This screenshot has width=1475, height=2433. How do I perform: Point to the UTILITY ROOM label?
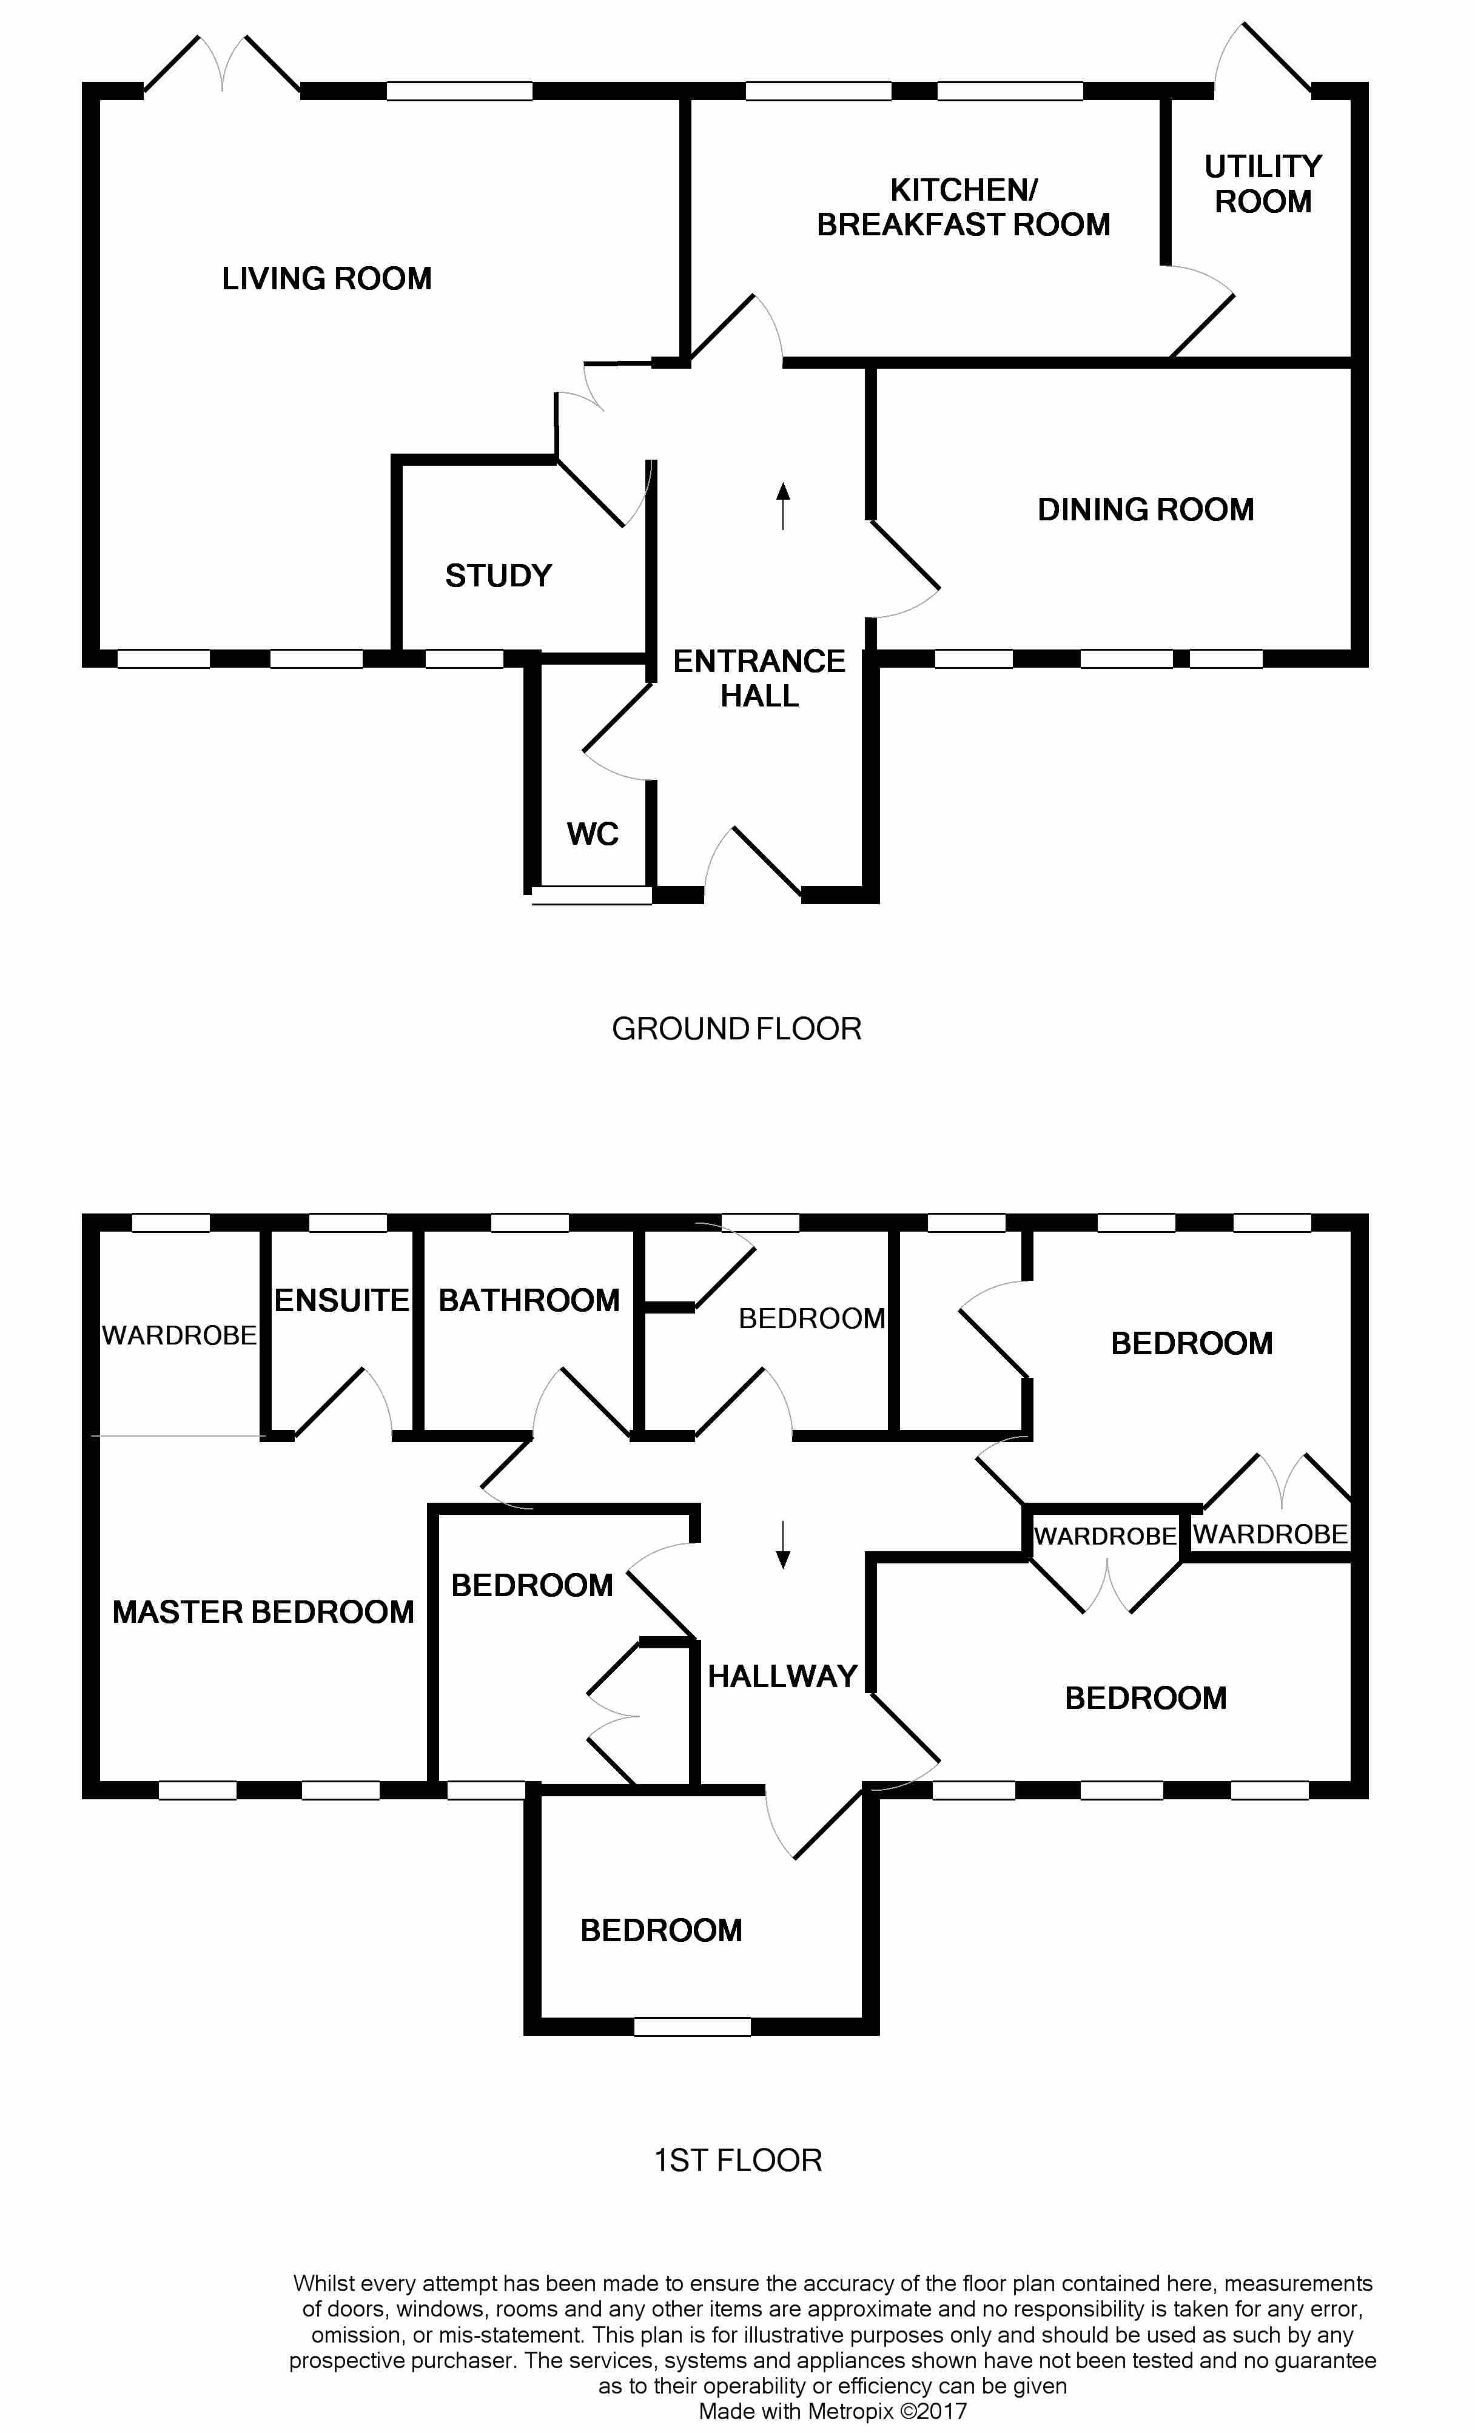1263,184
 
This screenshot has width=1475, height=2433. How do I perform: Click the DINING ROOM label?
1145,509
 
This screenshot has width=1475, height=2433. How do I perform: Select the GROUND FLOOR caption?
736,1029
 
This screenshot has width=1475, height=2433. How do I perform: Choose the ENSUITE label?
341,1300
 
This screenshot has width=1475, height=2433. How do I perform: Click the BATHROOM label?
529,1300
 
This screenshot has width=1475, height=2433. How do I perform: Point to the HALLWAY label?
782,1676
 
